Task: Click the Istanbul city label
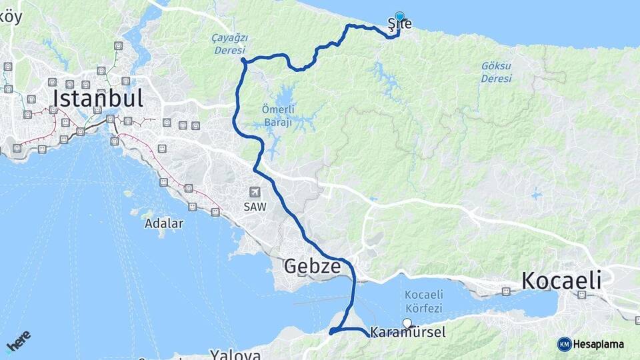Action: (x=97, y=99)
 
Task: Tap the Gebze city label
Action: (x=313, y=267)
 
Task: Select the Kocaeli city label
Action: (x=561, y=281)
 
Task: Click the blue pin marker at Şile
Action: (x=399, y=17)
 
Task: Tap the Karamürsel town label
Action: (x=408, y=333)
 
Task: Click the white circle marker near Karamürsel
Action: (x=407, y=323)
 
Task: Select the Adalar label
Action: (x=164, y=224)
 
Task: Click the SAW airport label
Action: (x=255, y=207)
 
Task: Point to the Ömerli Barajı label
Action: (x=277, y=114)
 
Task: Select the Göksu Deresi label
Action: (x=497, y=72)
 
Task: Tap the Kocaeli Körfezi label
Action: (x=423, y=301)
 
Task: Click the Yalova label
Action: (x=235, y=354)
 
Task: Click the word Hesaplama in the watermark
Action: (x=601, y=344)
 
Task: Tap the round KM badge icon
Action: (x=564, y=344)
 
